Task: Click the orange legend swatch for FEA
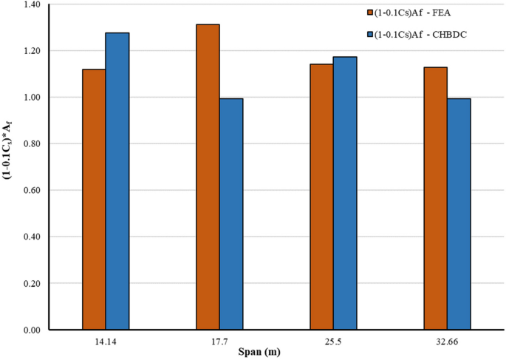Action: click(x=371, y=12)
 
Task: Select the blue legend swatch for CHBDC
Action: click(x=371, y=34)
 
